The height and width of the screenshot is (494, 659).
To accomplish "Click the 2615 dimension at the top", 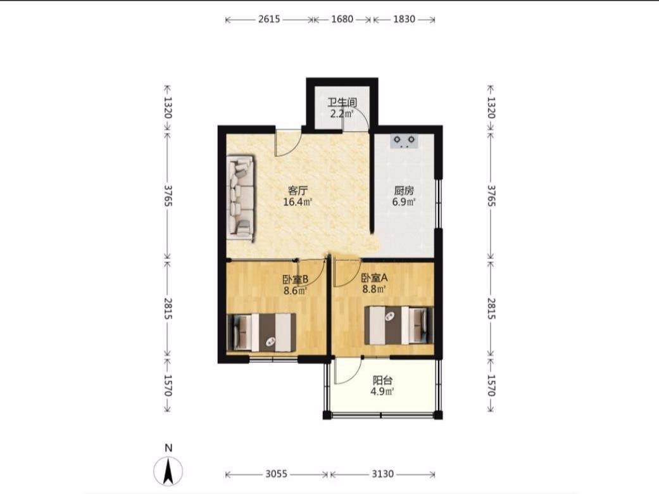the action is click(x=269, y=20).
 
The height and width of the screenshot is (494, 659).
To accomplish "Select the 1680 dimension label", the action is click(x=342, y=20).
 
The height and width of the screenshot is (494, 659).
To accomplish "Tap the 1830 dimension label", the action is click(x=404, y=20).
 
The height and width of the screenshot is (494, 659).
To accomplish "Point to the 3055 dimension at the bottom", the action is click(x=276, y=474).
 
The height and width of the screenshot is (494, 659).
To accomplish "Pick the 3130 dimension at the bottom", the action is click(x=382, y=474).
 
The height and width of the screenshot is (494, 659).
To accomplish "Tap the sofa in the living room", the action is click(x=241, y=198).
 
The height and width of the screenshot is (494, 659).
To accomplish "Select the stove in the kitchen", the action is click(x=405, y=141).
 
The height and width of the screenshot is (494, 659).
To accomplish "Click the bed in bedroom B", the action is click(x=261, y=332).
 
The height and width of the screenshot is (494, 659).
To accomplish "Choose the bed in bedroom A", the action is click(x=399, y=326).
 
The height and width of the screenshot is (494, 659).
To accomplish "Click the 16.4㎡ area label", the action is click(x=298, y=202).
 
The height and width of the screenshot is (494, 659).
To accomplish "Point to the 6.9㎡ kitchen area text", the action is click(x=404, y=202).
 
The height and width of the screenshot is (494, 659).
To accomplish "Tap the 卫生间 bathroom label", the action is click(x=342, y=102).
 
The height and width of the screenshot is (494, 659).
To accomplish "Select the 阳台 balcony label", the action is click(x=382, y=381).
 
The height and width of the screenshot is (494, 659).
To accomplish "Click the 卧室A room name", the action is click(x=375, y=277).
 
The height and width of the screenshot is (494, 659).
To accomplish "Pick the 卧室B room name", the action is click(x=296, y=279).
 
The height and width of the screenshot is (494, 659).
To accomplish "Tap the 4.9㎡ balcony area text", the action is click(x=382, y=392).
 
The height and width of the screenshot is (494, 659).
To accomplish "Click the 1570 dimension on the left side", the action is click(x=168, y=385).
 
